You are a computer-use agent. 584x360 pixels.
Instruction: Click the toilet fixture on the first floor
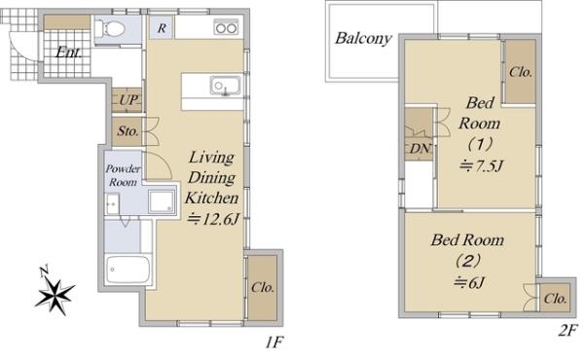(109, 28)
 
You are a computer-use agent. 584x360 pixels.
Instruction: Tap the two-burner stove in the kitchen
(226, 27)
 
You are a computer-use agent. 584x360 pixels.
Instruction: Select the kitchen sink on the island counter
(225, 86)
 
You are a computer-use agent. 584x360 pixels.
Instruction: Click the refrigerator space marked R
(162, 27)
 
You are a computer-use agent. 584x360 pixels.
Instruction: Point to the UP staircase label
(128, 100)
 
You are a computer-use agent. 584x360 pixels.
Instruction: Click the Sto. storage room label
(128, 131)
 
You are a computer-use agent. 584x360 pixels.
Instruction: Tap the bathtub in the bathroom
(128, 270)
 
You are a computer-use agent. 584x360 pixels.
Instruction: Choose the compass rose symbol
(55, 291)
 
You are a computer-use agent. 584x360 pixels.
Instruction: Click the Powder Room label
(123, 175)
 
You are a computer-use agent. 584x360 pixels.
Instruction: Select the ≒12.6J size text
(212, 219)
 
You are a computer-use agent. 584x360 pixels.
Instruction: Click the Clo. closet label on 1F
(263, 287)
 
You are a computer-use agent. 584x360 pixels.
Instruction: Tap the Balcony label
(363, 38)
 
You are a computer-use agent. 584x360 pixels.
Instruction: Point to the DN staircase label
(420, 149)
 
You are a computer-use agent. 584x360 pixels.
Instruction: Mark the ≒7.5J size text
(481, 165)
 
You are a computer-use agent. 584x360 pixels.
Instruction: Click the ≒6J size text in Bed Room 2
(469, 283)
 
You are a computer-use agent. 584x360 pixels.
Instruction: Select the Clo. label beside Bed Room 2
(555, 299)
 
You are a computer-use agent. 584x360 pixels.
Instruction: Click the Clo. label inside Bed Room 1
(521, 72)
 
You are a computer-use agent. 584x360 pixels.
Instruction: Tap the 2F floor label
(567, 331)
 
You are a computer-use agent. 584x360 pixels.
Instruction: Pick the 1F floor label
(274, 342)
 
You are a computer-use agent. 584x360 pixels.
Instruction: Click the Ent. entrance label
(68, 53)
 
